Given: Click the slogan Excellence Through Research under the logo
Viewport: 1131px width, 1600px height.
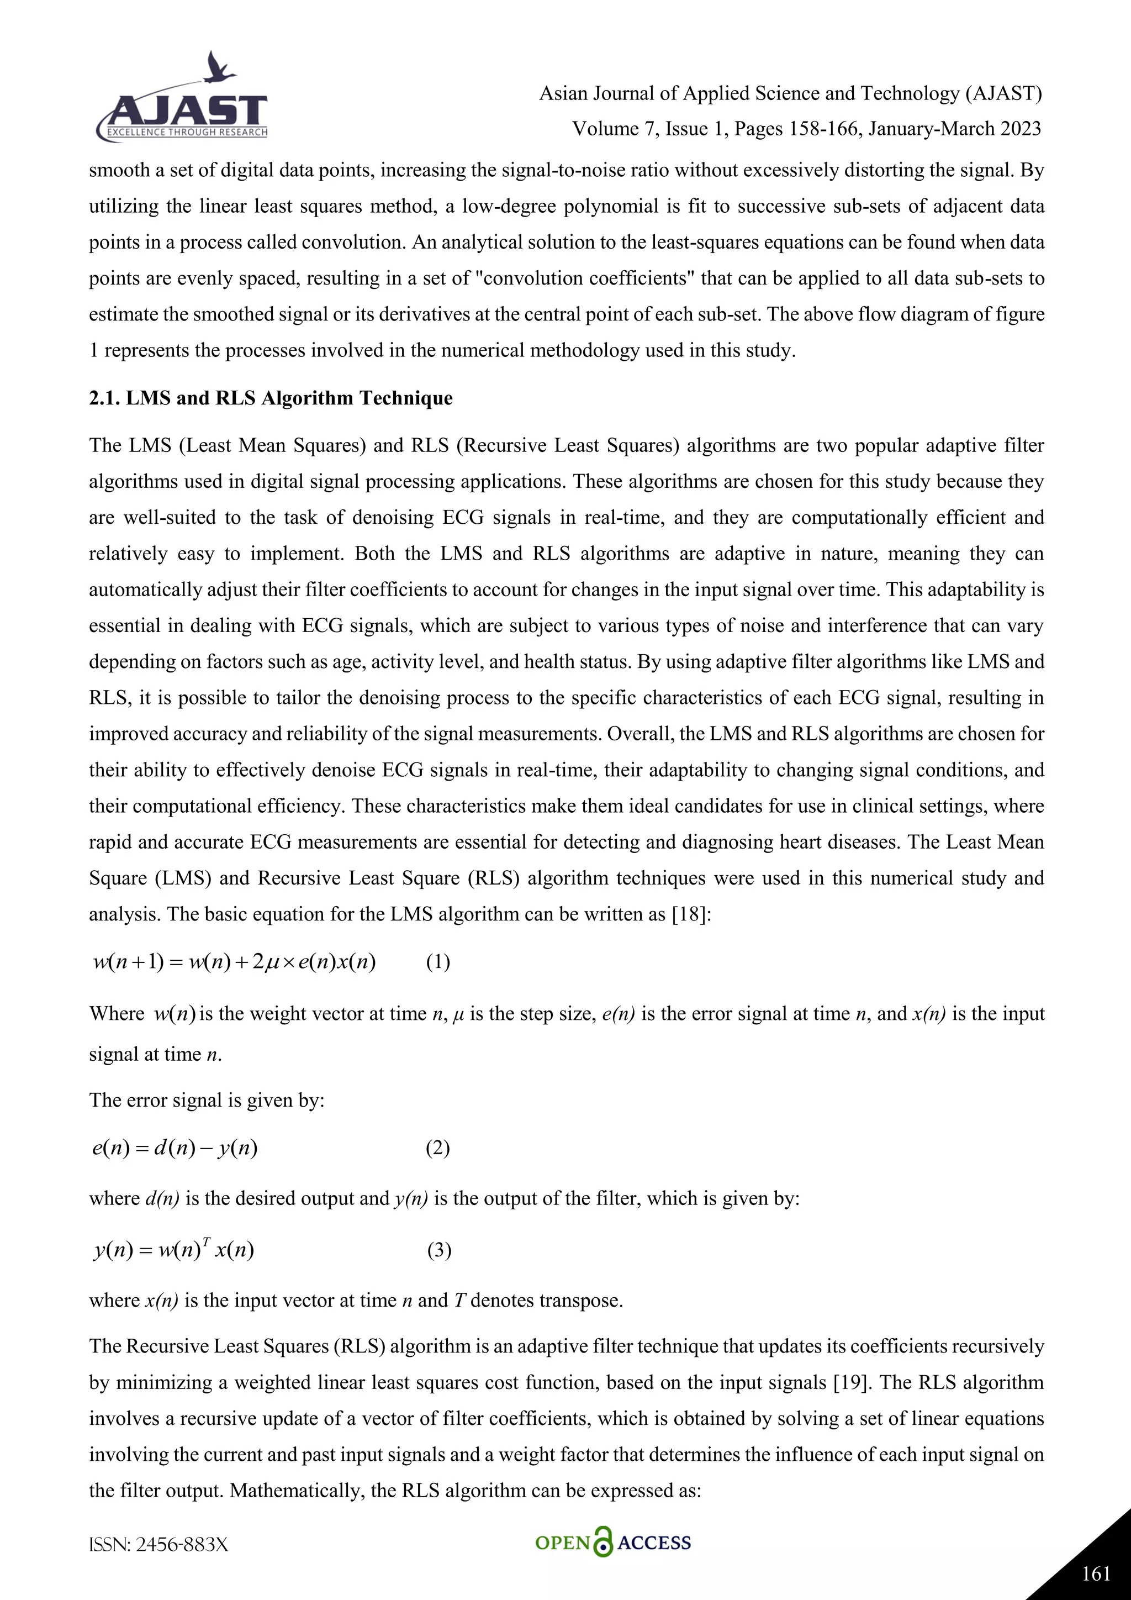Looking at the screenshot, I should pos(187,133).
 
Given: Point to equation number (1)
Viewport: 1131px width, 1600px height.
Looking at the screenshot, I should pos(437,962).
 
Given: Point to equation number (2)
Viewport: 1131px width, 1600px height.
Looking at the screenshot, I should pos(437,1148).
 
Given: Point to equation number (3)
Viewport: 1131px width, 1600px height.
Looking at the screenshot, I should pos(438,1250).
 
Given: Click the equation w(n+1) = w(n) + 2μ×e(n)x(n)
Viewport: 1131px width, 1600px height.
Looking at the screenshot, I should pos(234,962).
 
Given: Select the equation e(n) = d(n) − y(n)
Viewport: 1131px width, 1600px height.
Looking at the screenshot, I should pos(175,1148).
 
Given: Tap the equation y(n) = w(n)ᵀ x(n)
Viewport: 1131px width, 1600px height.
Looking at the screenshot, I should pos(173,1250).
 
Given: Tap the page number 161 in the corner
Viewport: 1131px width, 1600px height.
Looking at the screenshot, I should pos(1096,1573).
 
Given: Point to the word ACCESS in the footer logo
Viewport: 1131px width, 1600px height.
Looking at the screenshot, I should pos(654,1543).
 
